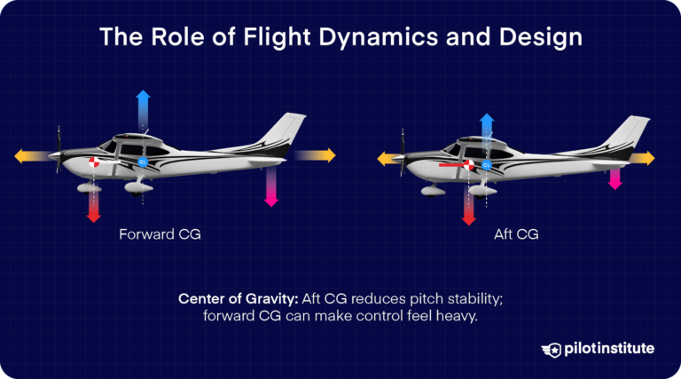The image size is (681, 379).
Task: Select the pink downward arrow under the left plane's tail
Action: coord(271,188)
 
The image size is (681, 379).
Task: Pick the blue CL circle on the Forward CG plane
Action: coord(144,162)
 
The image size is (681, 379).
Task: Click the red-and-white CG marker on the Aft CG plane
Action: coord(469,165)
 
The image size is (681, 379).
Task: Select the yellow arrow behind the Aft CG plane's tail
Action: coord(643,158)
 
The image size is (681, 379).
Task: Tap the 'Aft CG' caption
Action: coord(516,236)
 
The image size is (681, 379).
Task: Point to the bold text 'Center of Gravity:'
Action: coord(235,299)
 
